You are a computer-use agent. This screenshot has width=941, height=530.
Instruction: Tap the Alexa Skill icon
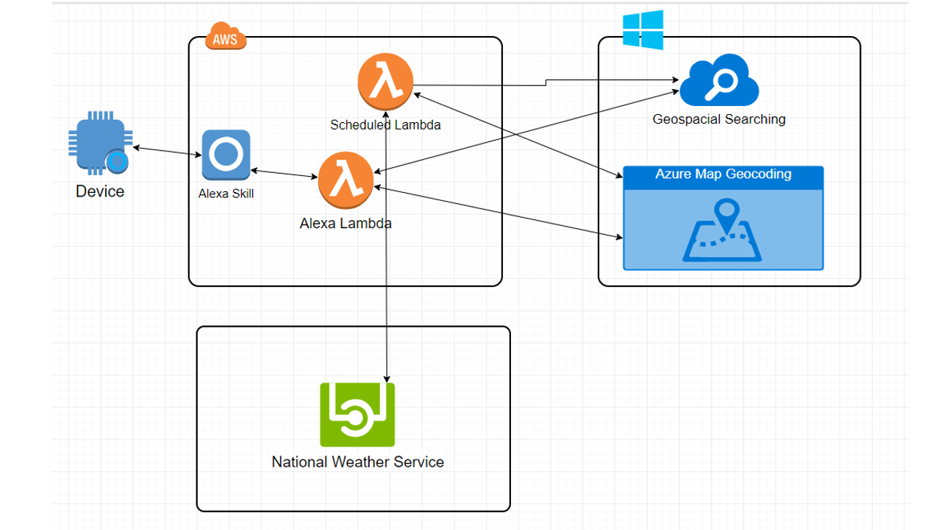tap(226, 155)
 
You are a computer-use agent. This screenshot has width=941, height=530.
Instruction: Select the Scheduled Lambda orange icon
tap(385, 81)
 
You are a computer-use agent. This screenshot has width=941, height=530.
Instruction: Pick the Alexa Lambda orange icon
tap(346, 181)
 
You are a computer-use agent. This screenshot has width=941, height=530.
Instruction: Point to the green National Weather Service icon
tap(357, 414)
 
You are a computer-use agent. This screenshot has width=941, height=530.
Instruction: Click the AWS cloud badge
tap(225, 37)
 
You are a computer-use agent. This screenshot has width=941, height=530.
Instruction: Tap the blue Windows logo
tap(643, 29)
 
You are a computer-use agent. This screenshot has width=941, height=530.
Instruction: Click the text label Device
tap(100, 192)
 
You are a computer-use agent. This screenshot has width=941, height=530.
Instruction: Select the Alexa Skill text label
tap(226, 194)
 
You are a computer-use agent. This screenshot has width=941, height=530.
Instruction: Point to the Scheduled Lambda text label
tap(385, 125)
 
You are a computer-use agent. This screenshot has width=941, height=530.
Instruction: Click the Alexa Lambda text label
tap(346, 223)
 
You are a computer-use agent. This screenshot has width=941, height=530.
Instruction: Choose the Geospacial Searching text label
tap(719, 119)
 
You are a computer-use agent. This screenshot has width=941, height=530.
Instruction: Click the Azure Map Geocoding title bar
tap(723, 175)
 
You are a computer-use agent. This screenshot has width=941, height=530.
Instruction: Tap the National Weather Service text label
tap(358, 462)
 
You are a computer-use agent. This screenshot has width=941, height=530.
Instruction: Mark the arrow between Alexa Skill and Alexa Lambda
tap(284, 174)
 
